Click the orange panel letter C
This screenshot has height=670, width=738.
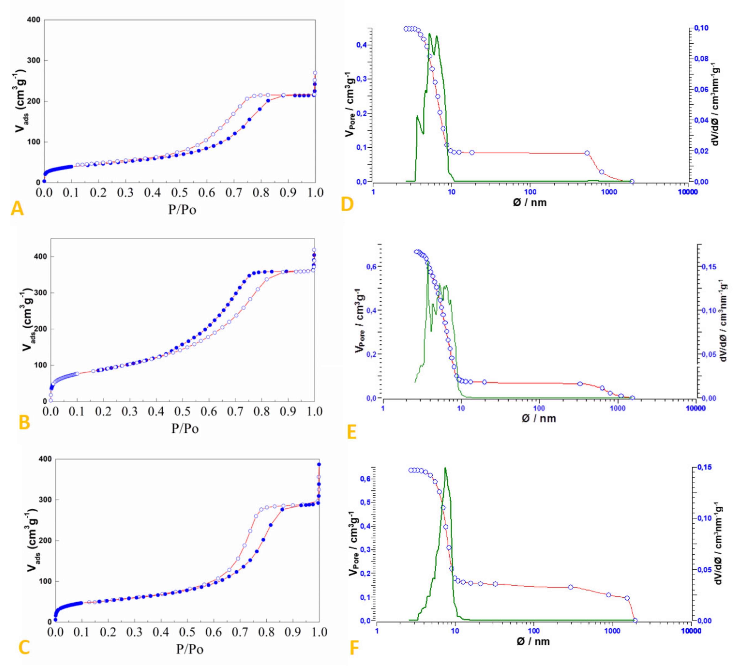(x=24, y=648)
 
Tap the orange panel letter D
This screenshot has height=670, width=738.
(x=347, y=204)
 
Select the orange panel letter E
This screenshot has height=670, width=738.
(x=351, y=432)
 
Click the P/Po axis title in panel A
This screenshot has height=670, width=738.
(x=182, y=210)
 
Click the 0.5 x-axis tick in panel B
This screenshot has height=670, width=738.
(x=182, y=412)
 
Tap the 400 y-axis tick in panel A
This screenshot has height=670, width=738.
(x=34, y=20)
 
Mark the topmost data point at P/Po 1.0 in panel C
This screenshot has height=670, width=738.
(x=319, y=464)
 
